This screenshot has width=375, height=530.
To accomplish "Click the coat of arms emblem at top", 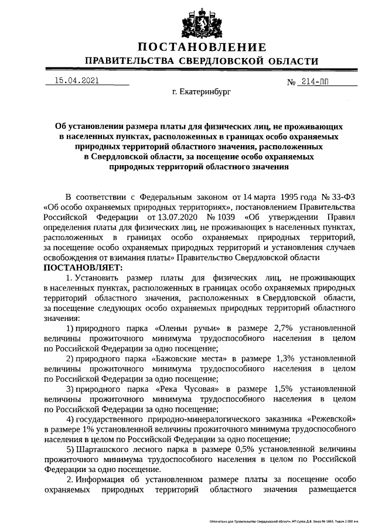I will coord(202,22).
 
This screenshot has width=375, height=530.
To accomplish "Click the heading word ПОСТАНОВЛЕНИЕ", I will coord(202,47).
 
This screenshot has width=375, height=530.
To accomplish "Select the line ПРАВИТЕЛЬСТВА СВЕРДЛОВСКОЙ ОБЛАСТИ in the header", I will coord(202,61).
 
